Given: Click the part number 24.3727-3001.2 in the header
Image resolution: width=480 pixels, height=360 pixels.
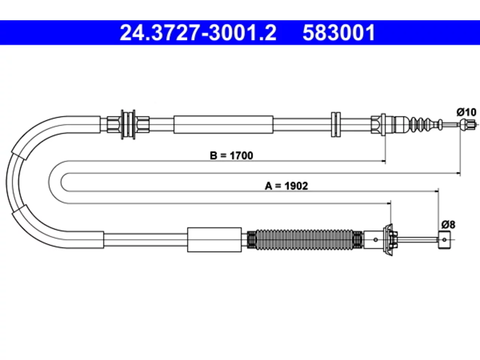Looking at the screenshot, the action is pyautogui.click(x=198, y=33).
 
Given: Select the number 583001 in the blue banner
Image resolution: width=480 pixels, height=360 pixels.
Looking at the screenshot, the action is pyautogui.click(x=339, y=33).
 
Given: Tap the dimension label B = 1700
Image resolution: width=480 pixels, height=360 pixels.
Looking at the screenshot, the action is pyautogui.click(x=231, y=156).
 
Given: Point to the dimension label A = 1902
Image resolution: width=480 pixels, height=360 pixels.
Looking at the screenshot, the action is pyautogui.click(x=286, y=186).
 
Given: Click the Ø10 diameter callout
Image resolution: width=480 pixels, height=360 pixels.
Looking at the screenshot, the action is pyautogui.click(x=466, y=112).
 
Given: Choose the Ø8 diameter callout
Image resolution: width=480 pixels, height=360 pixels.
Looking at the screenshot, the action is pyautogui.click(x=448, y=225).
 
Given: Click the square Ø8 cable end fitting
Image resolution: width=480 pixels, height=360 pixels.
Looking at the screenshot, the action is pyautogui.click(x=444, y=240).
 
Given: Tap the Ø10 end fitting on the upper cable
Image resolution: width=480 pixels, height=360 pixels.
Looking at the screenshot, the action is pyautogui.click(x=468, y=124).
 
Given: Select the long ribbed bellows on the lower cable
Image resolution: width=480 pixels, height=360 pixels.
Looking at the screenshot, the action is pyautogui.click(x=304, y=239).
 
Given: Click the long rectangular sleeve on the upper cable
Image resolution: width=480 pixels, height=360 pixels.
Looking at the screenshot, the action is pyautogui.click(x=223, y=124).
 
